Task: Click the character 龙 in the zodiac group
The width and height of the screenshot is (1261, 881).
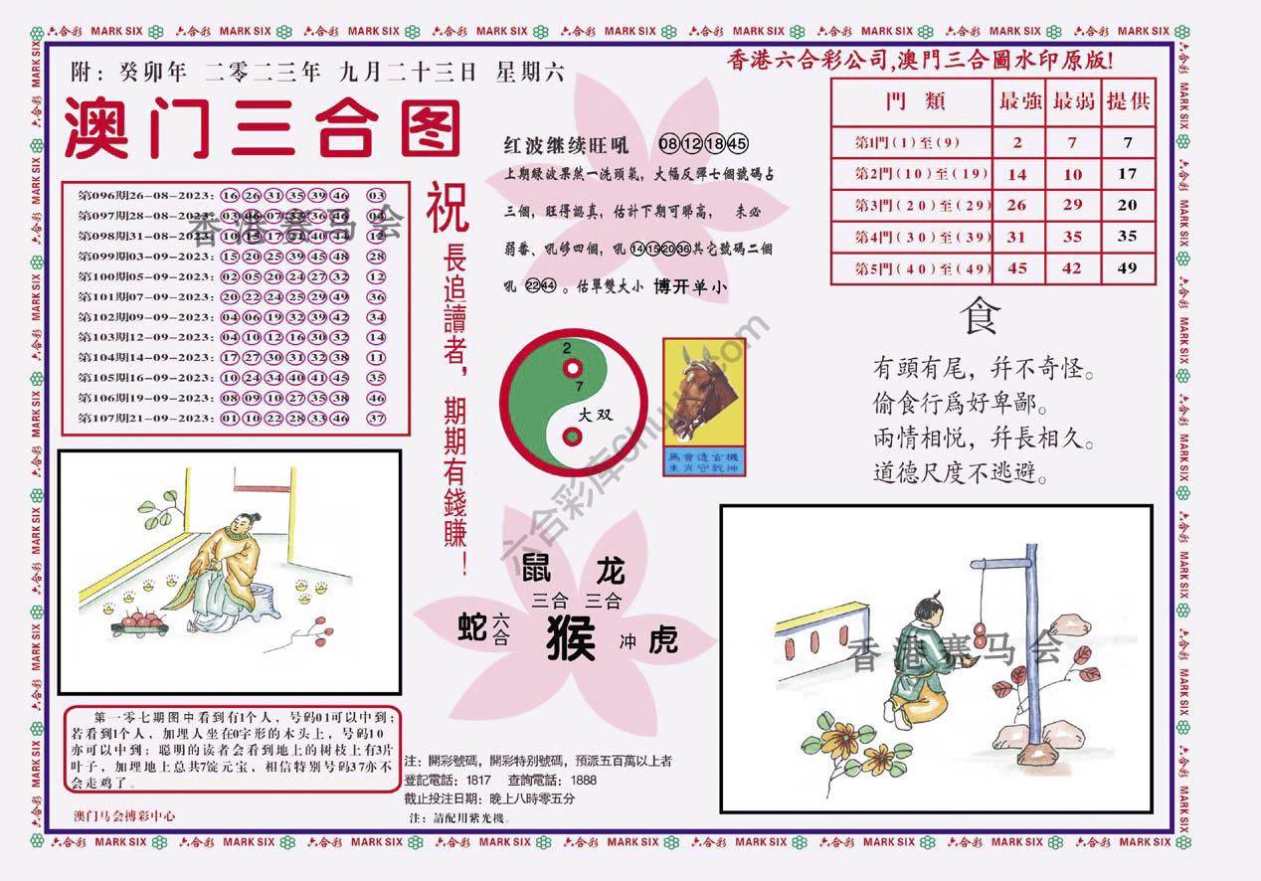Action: click(x=608, y=571)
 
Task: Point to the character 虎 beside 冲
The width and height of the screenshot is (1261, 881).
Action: click(x=662, y=640)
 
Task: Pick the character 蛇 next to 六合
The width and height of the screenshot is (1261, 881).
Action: click(x=472, y=627)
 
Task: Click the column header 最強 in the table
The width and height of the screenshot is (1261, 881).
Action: click(x=1017, y=101)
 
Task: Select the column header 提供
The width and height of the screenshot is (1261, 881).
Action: click(x=1128, y=101)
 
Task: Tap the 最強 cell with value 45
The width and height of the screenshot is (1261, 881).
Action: click(x=1017, y=267)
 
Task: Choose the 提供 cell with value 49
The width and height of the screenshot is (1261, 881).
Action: click(x=1127, y=267)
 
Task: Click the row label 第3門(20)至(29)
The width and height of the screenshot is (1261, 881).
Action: click(x=909, y=205)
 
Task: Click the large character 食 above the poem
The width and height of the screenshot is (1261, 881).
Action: click(x=978, y=318)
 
